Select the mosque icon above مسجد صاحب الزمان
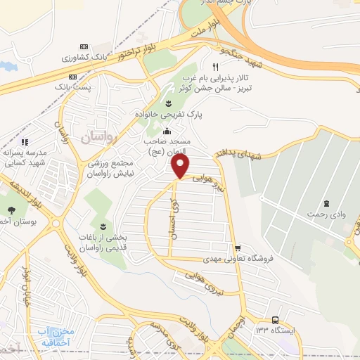167,131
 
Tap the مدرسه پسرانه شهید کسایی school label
25,157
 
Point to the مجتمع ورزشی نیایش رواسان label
114,167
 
